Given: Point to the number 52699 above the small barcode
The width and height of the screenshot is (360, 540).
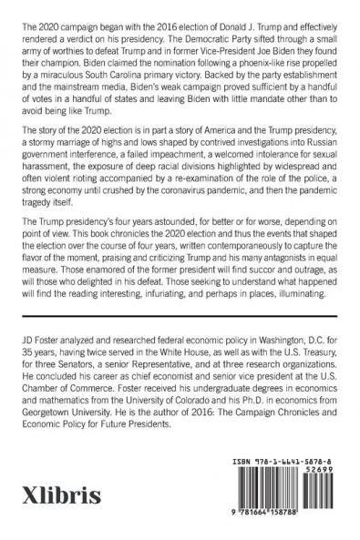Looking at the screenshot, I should pyautogui.click(x=321, y=473).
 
